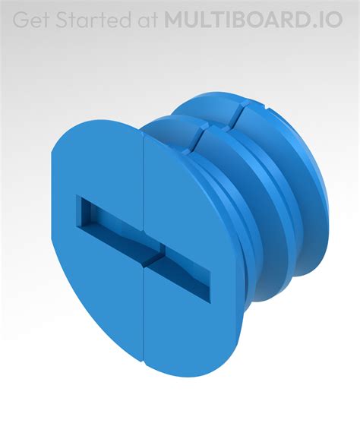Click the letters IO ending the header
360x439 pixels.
click(332, 20)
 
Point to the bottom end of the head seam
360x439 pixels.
click(144, 357)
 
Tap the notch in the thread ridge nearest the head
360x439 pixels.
click(200, 137)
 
